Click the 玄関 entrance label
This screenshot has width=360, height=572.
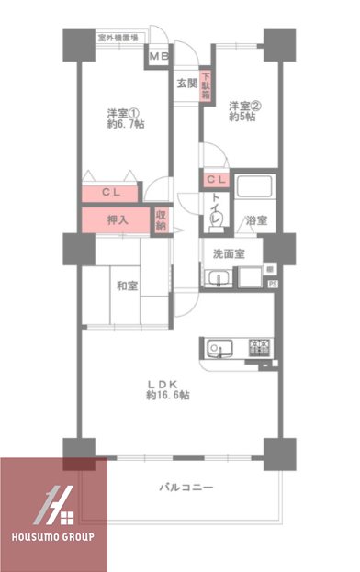186,82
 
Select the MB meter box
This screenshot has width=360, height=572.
159,59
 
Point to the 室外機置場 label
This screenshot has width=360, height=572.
118,39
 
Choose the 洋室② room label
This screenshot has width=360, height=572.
241,105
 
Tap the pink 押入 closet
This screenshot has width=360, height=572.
118,220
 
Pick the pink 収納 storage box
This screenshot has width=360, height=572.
161,220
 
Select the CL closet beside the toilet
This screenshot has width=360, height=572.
218,180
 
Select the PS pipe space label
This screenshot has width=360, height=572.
272,285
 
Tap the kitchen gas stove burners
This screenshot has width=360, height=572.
259,348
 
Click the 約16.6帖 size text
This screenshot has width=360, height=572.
167,395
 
